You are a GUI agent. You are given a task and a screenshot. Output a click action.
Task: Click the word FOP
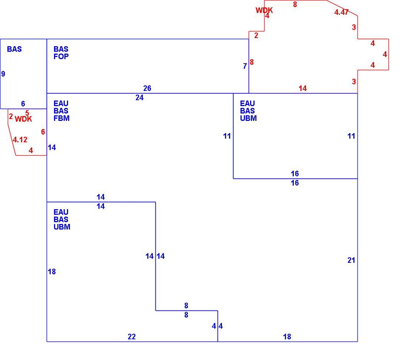[61, 57]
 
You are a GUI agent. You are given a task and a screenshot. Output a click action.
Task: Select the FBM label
[61, 118]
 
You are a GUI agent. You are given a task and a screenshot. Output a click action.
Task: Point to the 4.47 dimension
[342, 12]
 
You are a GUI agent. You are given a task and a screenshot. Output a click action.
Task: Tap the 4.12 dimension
[20, 140]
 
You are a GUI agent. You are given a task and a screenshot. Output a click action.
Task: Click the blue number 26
[147, 88]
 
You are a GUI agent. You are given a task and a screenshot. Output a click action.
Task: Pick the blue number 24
[139, 98]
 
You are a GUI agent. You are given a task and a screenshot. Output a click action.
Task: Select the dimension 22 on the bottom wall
[132, 337]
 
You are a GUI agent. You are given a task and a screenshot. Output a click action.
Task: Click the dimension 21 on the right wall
[351, 261]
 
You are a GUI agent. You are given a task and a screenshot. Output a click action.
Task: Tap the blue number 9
[3, 74]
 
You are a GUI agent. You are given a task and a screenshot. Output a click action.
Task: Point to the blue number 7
[245, 67]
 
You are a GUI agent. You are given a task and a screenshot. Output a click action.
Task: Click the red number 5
[27, 113]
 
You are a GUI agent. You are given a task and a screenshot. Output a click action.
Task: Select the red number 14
[303, 88]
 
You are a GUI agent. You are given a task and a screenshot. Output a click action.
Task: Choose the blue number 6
[23, 104]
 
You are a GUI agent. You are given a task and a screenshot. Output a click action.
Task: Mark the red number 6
[43, 132]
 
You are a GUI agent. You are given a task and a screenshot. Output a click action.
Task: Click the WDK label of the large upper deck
[264, 10]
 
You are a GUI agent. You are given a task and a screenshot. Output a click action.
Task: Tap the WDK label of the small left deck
[23, 119]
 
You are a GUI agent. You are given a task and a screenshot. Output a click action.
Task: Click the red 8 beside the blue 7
[252, 62]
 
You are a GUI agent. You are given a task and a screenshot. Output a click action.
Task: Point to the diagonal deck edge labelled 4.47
[342, 8]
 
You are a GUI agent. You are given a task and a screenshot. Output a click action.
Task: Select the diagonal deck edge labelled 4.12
[12, 140]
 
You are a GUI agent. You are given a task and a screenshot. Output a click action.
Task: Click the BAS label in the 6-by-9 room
[14, 49]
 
